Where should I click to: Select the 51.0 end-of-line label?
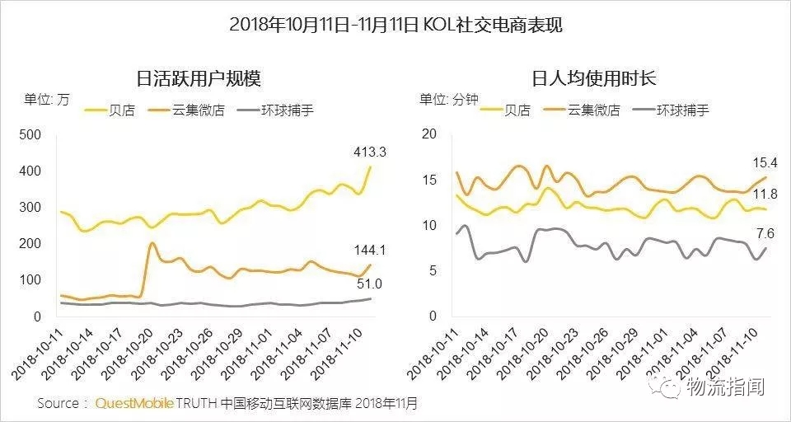pos(351,285)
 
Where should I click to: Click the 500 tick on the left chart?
pos(30,135)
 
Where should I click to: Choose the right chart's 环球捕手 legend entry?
pos(683,110)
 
